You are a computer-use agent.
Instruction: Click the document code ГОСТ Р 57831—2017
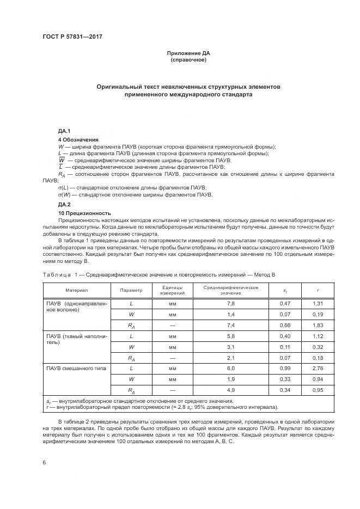tap(72, 36)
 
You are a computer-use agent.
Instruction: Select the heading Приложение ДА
tap(188, 53)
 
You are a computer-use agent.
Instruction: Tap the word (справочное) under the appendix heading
tap(188, 60)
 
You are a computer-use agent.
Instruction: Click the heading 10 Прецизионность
tap(84, 213)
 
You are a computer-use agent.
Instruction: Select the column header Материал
tap(77, 290)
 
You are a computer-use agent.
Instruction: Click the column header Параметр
tap(131, 290)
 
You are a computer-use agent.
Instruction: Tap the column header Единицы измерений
tap(172, 290)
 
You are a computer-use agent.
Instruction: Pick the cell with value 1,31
tap(318, 303)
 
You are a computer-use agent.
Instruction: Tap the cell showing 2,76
tap(318, 369)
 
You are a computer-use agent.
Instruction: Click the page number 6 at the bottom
tap(44, 462)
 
